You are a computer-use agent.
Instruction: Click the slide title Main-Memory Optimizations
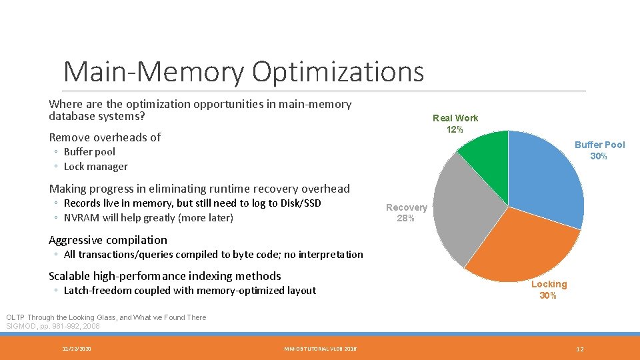click(x=243, y=71)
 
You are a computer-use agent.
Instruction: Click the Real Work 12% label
click(x=455, y=123)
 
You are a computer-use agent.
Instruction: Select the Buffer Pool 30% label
click(x=599, y=150)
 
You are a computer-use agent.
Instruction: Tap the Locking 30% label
click(x=549, y=289)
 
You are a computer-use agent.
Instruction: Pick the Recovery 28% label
click(x=406, y=213)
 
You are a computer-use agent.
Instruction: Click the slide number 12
click(x=579, y=349)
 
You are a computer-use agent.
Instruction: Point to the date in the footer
click(x=77, y=349)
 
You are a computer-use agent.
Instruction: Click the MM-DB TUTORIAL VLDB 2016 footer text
click(x=320, y=349)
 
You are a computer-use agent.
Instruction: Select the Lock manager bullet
click(x=95, y=167)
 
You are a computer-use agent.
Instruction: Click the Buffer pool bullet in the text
click(x=89, y=152)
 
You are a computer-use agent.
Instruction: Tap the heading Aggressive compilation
click(x=108, y=240)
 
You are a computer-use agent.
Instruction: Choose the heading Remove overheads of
click(x=105, y=137)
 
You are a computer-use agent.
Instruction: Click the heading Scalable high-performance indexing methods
click(x=165, y=276)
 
